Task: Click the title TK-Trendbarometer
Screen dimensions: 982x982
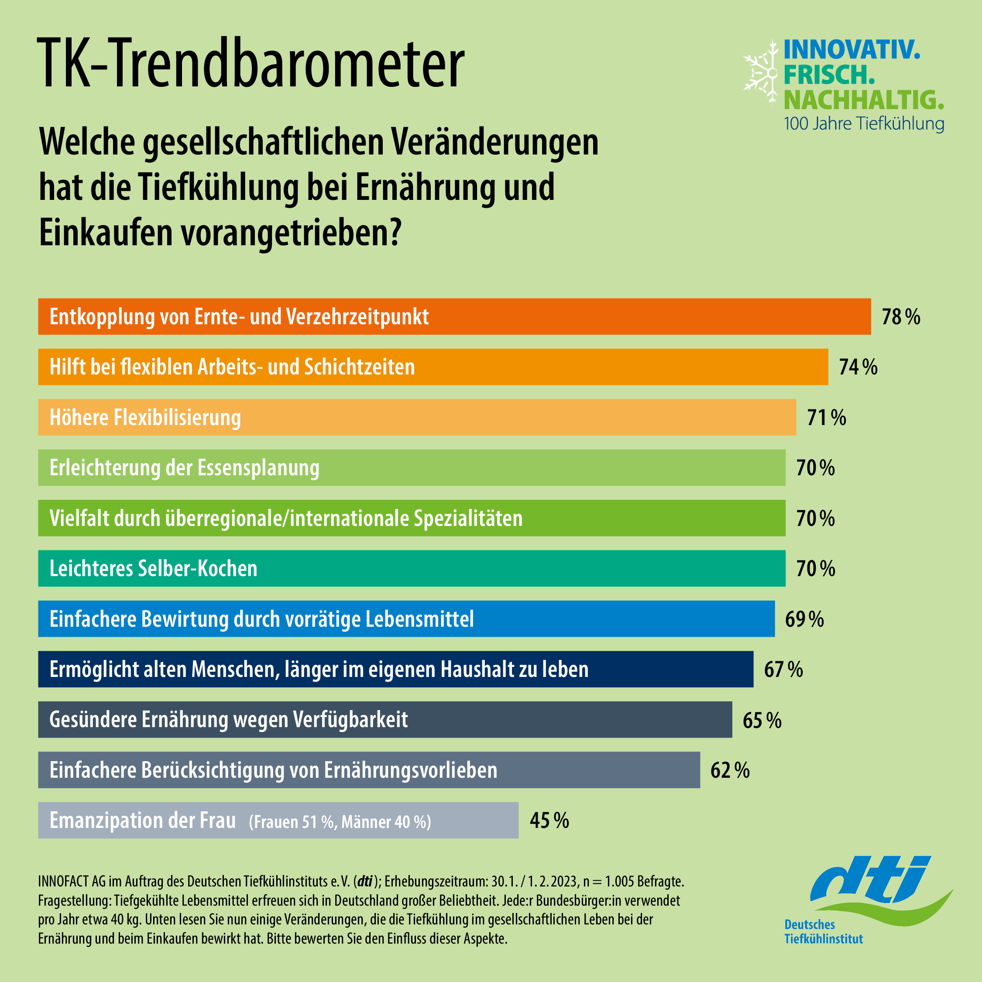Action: point(250,65)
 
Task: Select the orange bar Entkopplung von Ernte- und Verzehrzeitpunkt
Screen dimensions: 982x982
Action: point(454,317)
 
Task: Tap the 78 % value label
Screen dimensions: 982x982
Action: point(901,317)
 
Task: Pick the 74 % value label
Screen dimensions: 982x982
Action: point(858,367)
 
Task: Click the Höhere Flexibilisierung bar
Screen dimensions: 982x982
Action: point(417,417)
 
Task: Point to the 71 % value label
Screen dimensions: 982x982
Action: point(827,418)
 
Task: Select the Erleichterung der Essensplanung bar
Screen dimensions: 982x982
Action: point(411,467)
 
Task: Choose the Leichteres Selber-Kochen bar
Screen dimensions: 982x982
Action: point(411,568)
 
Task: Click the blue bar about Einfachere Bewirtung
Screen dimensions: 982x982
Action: point(406,619)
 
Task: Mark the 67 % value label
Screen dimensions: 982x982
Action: point(783,670)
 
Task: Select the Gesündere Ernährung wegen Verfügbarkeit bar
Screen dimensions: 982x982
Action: point(385,720)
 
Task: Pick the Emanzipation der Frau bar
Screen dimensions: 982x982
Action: point(278,821)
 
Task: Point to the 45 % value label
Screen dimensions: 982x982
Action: point(549,821)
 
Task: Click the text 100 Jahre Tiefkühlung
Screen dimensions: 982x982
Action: point(864,124)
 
